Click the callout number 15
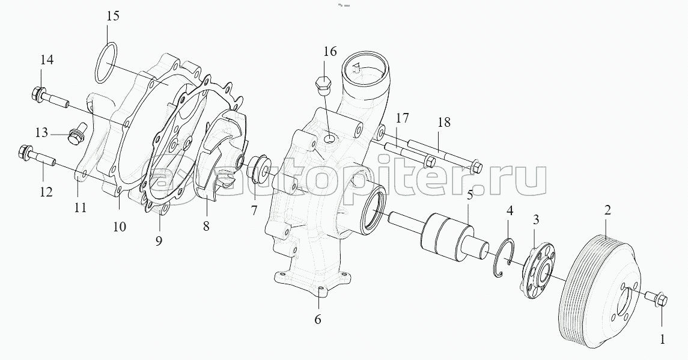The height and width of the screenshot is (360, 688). [112, 17]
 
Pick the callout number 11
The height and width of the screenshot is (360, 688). [80, 207]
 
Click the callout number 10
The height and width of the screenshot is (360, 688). [120, 227]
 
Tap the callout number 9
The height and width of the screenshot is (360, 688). [159, 240]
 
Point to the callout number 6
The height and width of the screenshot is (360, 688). [318, 319]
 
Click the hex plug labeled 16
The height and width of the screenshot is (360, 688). [324, 87]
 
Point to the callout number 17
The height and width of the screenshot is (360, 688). [403, 118]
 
